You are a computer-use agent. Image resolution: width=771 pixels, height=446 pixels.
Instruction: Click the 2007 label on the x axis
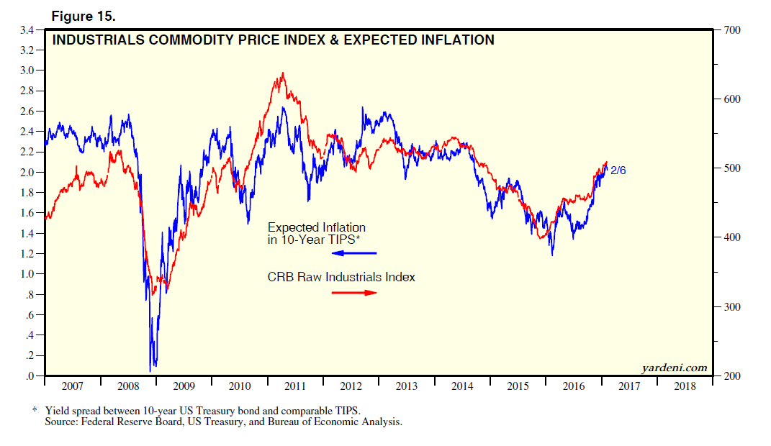72,387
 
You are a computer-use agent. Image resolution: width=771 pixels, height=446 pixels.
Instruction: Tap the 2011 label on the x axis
295,387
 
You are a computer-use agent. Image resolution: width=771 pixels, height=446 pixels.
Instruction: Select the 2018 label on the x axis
684,387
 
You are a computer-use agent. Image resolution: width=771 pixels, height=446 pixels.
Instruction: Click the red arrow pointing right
356,292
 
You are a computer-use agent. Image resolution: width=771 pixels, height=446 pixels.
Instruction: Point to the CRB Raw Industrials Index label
341,277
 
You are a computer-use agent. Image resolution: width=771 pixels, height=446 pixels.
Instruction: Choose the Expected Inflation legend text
317,228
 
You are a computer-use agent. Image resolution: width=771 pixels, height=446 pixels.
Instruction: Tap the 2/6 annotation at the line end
618,170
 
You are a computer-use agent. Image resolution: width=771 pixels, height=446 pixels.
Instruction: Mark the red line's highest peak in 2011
283,73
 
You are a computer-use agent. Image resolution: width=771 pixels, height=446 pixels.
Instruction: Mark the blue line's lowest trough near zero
150,370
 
